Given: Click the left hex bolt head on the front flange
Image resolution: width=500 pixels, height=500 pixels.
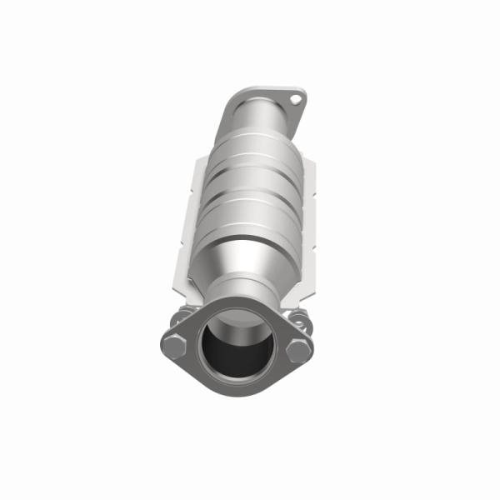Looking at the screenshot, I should [173, 345].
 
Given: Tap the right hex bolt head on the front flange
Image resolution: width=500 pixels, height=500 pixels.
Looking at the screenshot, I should [299, 348].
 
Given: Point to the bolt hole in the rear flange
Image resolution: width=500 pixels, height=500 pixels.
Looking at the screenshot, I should [294, 101].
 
